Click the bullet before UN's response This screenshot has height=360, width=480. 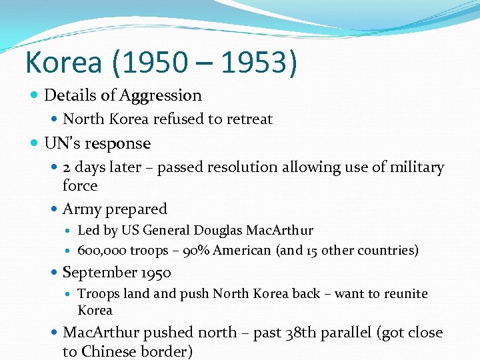(x=35, y=143)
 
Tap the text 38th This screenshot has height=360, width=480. (x=305, y=333)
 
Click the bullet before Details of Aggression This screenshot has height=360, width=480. (x=35, y=95)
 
